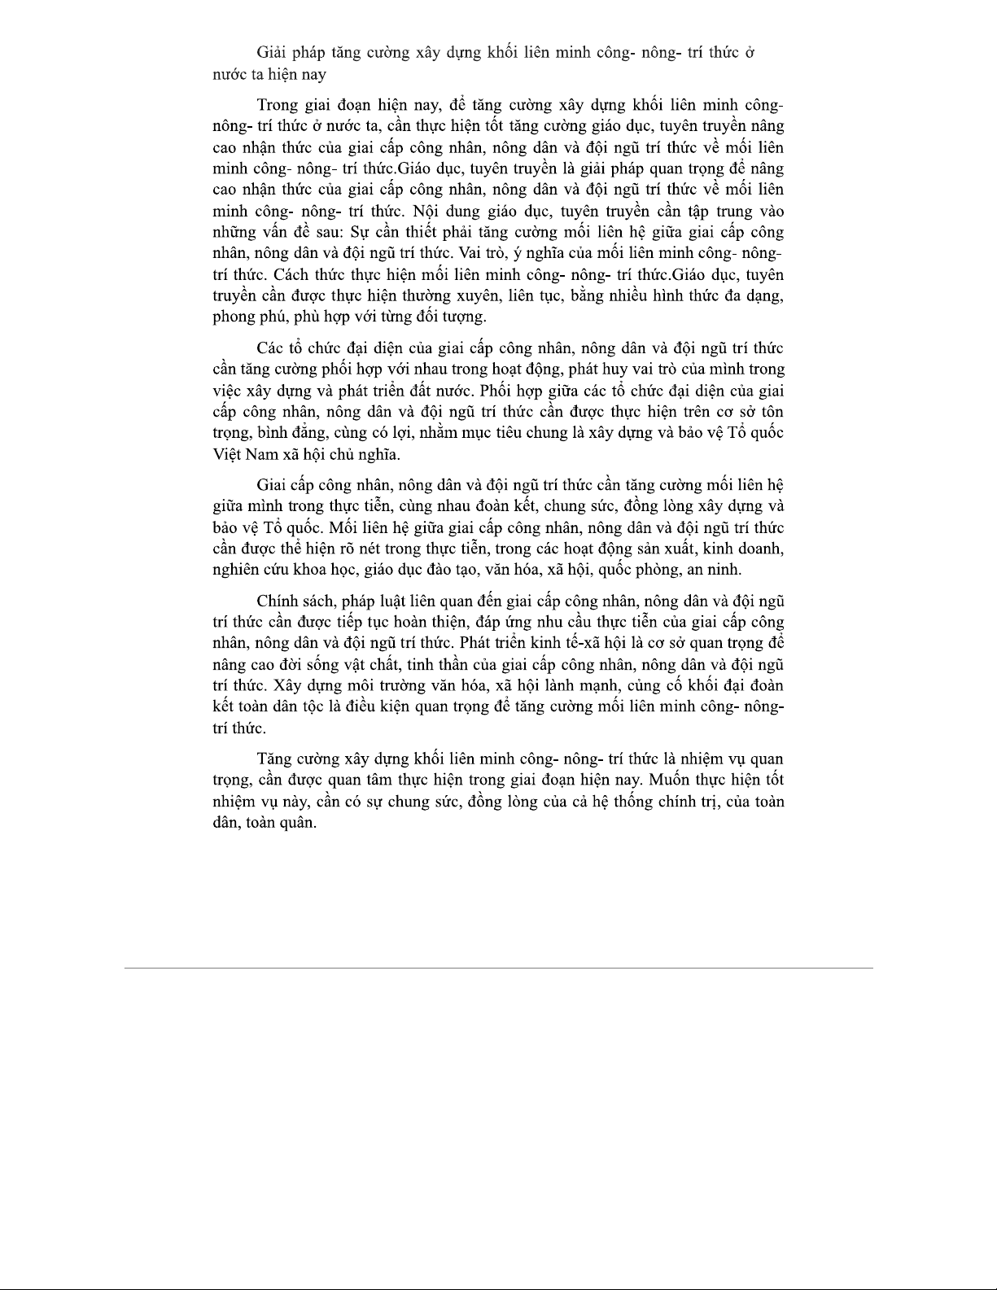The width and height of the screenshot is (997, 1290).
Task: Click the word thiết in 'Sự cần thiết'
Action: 418,232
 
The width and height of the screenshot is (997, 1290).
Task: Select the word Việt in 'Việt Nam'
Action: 227,453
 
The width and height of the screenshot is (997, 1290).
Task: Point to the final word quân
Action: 297,822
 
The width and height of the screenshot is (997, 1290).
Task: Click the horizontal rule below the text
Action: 498,968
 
